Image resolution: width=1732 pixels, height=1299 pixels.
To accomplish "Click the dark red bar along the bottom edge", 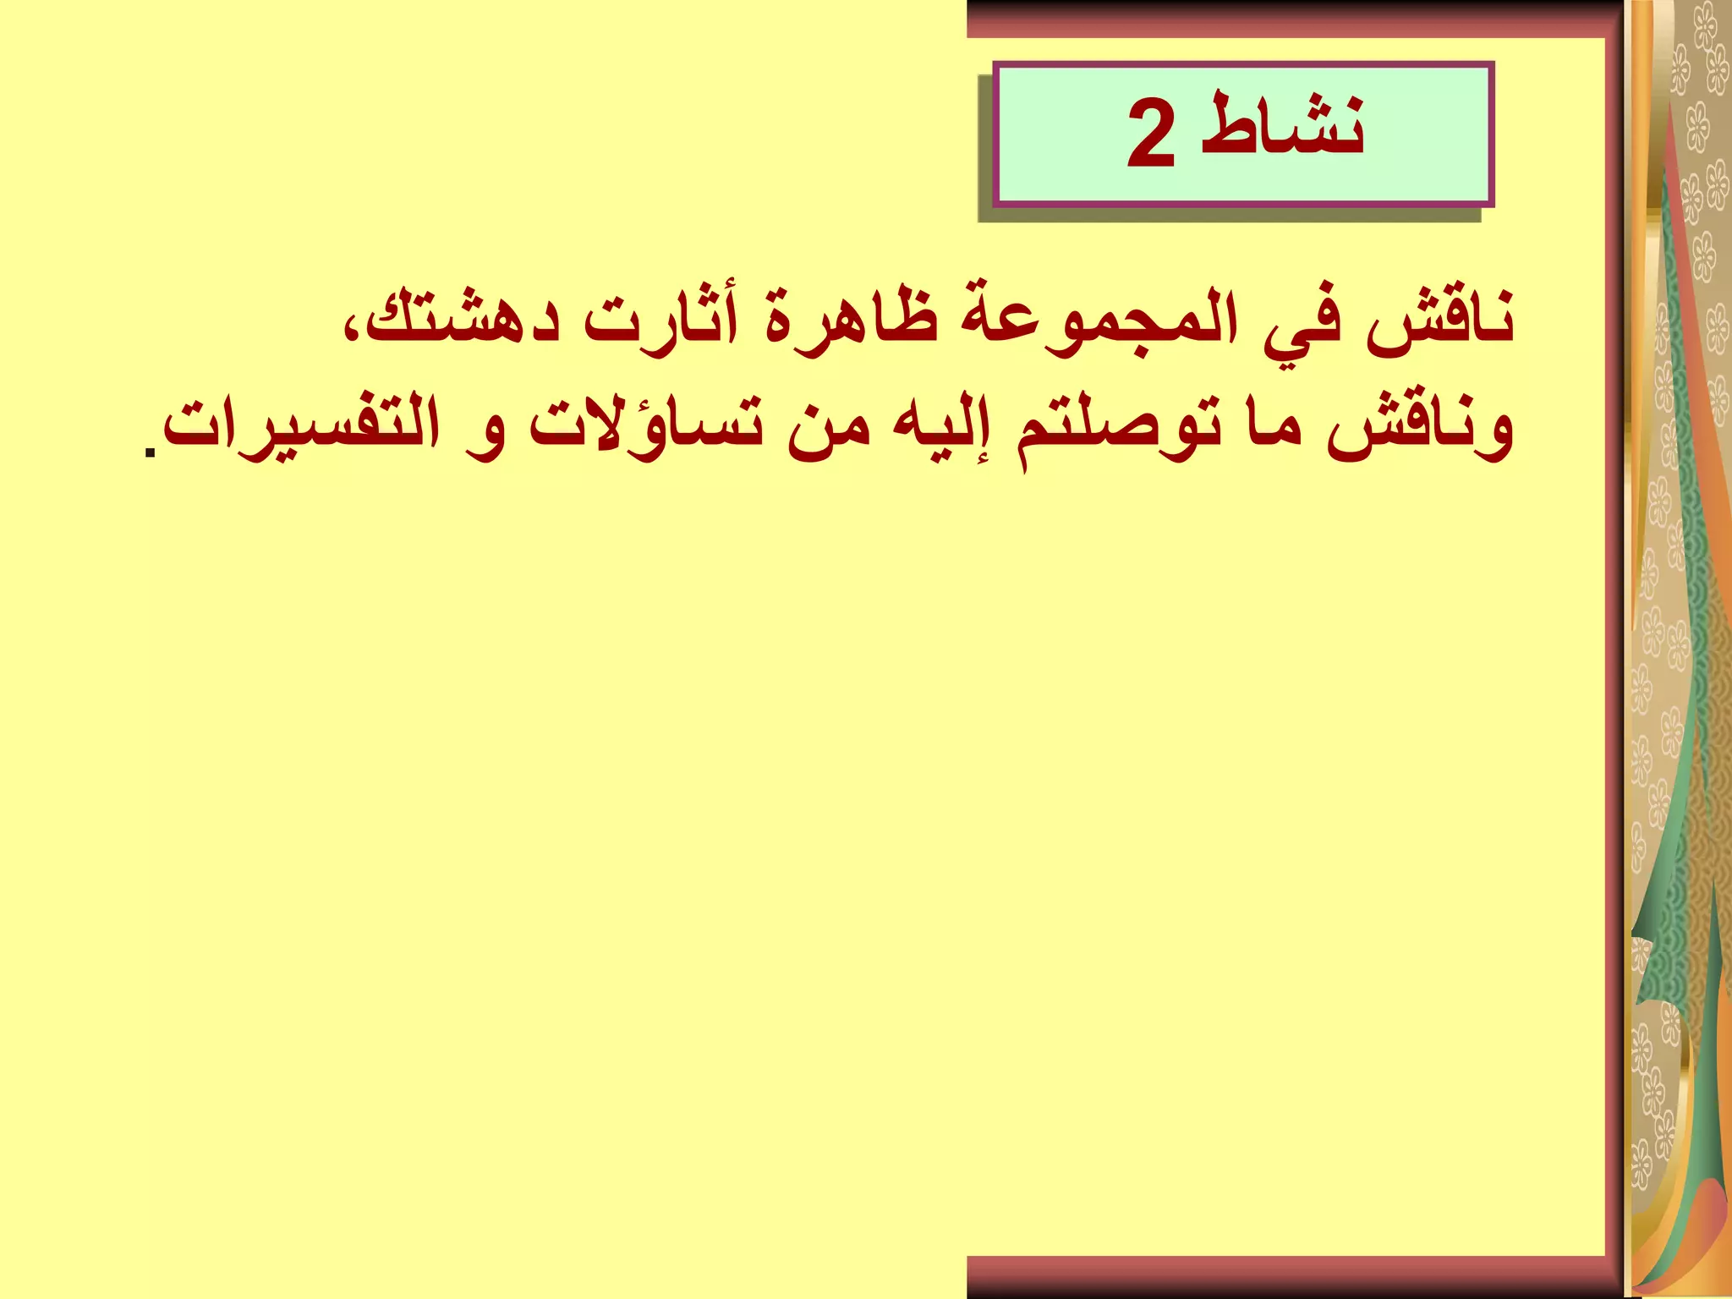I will click(x=1285, y=1276).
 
